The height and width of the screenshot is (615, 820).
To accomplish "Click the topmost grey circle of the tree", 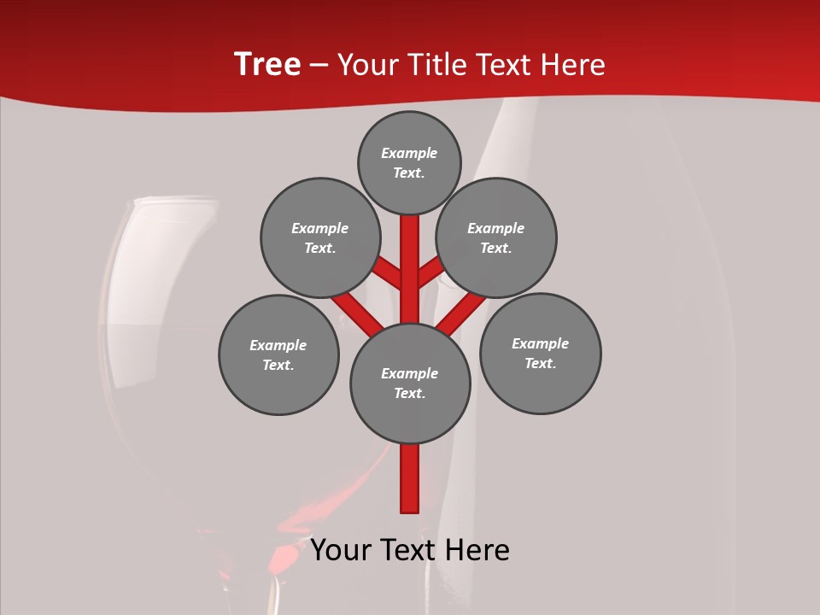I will (x=409, y=162).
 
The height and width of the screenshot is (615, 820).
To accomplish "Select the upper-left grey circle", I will (x=320, y=237).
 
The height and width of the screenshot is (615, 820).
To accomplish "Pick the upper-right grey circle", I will (x=496, y=237).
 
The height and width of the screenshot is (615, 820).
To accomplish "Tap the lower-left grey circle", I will (x=278, y=354).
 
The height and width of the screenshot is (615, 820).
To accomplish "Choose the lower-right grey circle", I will (x=541, y=353).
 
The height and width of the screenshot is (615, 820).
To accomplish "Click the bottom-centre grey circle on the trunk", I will (x=410, y=384).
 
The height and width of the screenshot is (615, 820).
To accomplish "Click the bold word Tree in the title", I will (x=267, y=64).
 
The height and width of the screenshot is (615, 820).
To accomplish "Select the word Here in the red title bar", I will (x=574, y=65).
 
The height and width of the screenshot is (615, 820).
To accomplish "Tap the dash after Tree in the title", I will (x=319, y=66).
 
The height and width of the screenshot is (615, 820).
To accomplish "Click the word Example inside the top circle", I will (x=409, y=153).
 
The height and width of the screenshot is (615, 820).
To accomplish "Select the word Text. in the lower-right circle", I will (x=541, y=363).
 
